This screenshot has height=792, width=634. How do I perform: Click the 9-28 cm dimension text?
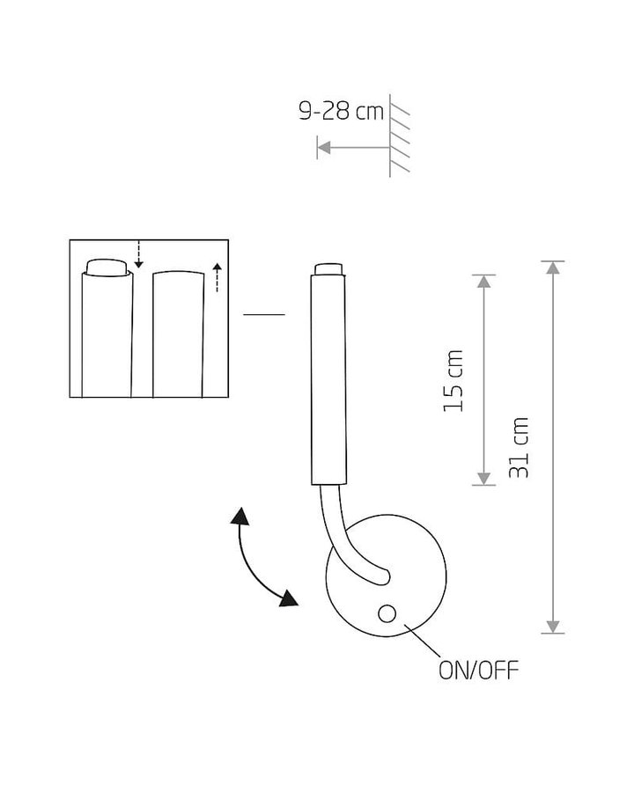[342, 111]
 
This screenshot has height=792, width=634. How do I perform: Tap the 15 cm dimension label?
[453, 380]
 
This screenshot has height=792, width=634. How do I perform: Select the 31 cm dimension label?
[519, 448]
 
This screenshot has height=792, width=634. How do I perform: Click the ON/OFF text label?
[478, 671]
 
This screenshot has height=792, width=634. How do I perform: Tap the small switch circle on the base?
[387, 613]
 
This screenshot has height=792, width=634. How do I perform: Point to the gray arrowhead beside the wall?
[323, 148]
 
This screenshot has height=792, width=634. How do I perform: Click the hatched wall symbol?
[399, 136]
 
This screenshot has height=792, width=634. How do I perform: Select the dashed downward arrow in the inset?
[139, 254]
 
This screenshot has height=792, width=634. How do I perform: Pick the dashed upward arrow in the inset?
[217, 277]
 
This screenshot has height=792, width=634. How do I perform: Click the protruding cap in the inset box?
[107, 268]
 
